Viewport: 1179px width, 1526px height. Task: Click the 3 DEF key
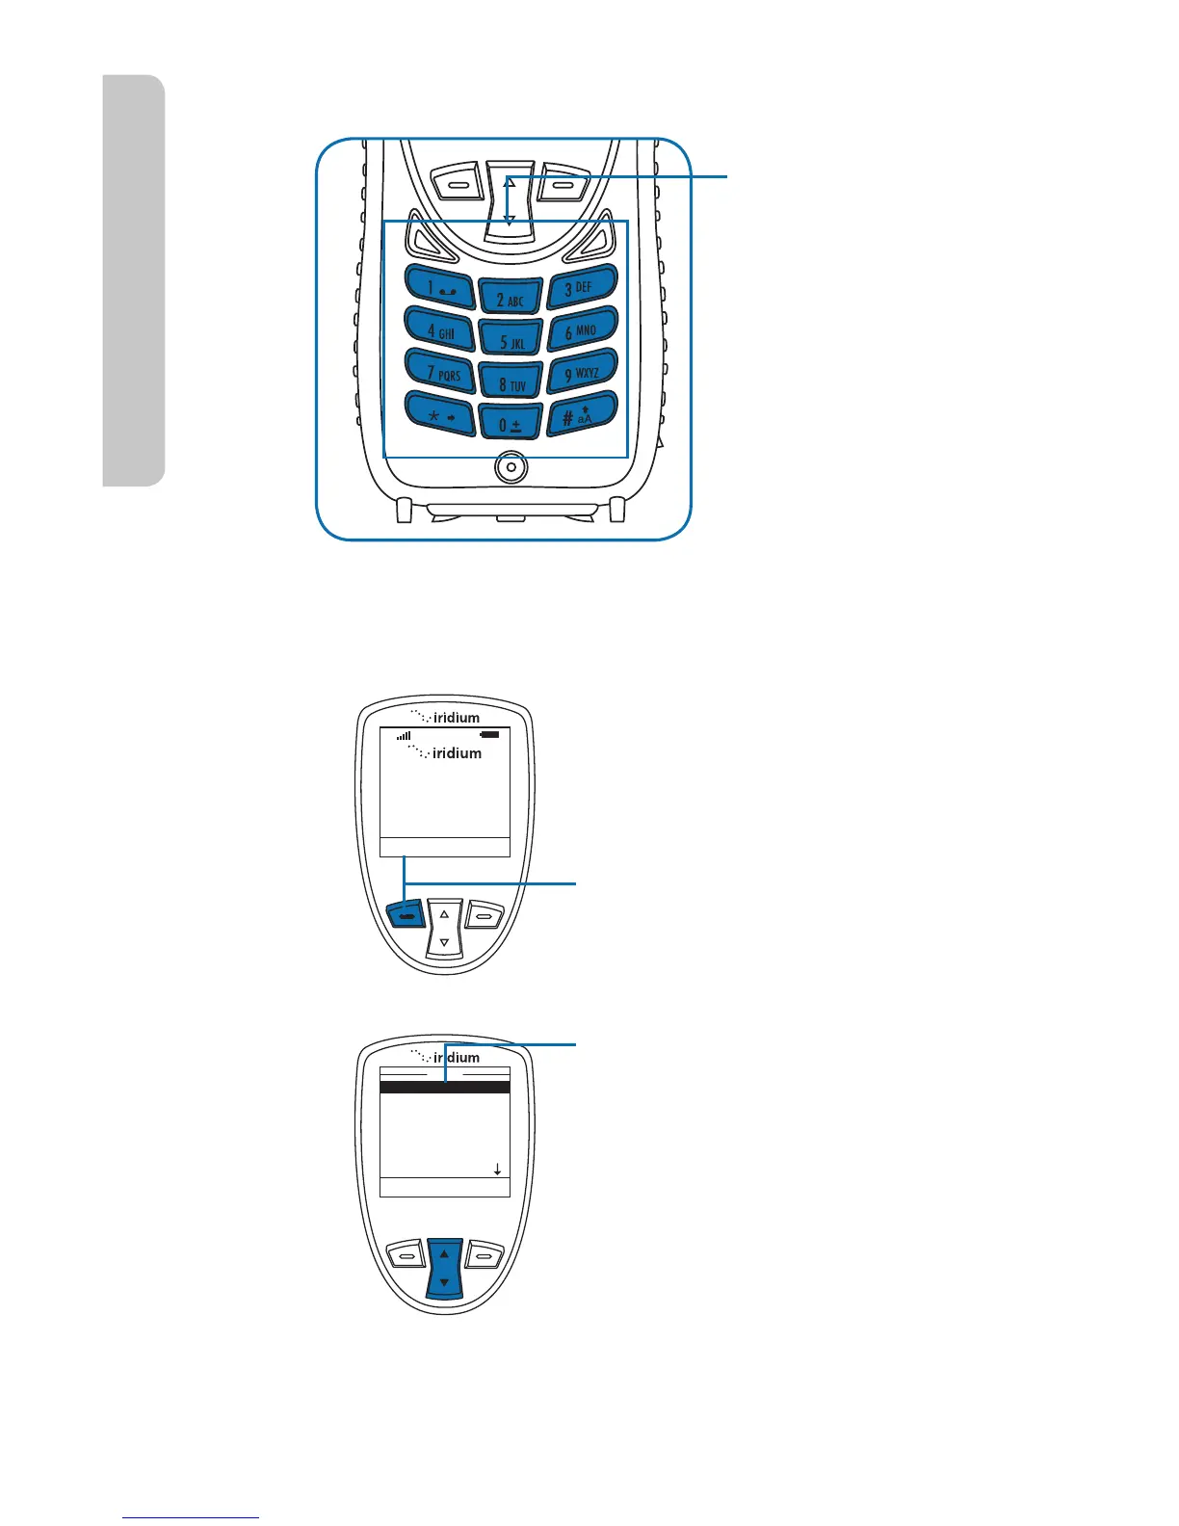point(581,287)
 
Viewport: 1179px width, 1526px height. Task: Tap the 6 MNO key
point(582,330)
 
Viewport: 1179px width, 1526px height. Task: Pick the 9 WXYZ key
point(582,373)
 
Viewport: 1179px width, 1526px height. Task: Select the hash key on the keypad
point(581,415)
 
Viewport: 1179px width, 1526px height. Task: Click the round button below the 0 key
point(511,468)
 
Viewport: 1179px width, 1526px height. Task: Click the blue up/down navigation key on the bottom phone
point(444,1269)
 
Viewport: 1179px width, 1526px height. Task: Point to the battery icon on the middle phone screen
point(491,735)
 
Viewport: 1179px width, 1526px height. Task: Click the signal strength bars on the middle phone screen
point(404,735)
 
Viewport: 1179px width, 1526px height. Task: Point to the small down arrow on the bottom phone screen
point(497,1170)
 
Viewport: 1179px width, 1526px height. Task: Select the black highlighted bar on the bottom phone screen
point(444,1088)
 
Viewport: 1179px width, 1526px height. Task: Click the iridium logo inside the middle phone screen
point(446,752)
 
